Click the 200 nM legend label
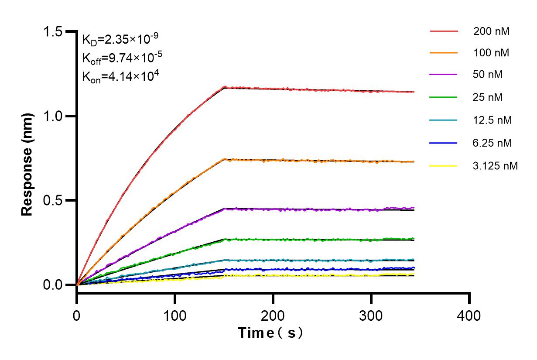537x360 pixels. tap(492, 31)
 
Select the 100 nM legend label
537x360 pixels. tap(492, 53)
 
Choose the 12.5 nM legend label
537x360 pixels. tap(493, 120)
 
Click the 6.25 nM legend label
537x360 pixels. tap(493, 143)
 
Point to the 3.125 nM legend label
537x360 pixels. tap(496, 166)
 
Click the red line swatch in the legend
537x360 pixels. tap(444, 31)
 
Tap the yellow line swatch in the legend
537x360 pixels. tap(444, 166)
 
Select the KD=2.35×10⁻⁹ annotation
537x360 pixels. tap(117, 39)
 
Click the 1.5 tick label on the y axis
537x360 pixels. tap(53, 32)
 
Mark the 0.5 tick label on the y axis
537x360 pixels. tap(53, 201)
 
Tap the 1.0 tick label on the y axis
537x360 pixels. tap(53, 117)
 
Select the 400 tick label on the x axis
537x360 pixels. tap(469, 315)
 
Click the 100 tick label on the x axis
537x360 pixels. tap(175, 315)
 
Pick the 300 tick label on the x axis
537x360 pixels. tap(371, 315)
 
